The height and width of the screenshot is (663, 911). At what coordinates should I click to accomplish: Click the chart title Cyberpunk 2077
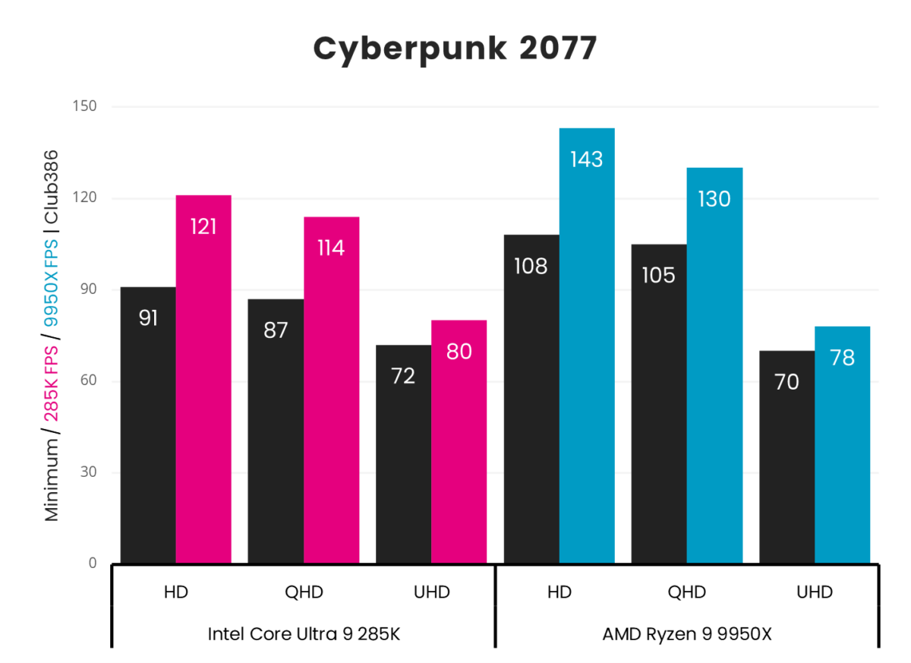coord(455,49)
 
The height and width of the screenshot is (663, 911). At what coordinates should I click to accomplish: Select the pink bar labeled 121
coord(203,380)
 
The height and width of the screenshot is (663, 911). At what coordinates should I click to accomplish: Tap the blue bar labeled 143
coord(587,346)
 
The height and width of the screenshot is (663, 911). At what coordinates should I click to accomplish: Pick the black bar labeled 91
coord(148,425)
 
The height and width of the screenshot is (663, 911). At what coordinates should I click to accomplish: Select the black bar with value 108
coord(531,399)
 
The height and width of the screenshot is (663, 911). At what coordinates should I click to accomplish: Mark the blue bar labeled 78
coord(842,445)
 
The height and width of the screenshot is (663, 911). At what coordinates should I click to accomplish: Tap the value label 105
coord(658,275)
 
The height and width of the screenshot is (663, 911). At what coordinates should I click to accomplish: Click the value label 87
coord(276,331)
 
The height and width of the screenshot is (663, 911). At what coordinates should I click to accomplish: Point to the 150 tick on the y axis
coord(87,106)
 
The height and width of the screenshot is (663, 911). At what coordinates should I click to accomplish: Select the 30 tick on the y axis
coord(90,472)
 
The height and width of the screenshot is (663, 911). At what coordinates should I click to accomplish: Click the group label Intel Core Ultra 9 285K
coord(303,634)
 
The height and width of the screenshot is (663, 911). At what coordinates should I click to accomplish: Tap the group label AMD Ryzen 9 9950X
coord(686,634)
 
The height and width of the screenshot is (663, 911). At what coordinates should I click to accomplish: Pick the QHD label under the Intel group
coord(304,592)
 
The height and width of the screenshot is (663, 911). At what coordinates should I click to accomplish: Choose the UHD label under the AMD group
coord(815,592)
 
